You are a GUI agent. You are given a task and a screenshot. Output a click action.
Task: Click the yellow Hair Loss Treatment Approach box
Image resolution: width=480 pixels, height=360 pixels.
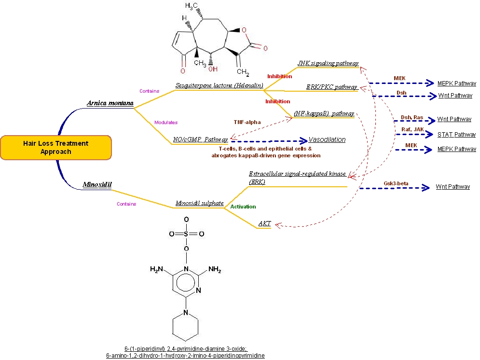click(56, 148)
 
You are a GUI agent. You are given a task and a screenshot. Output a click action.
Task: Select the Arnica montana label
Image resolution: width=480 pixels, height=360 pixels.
click(110, 103)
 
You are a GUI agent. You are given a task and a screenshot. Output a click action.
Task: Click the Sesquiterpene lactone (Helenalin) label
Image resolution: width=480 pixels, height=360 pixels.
click(219, 85)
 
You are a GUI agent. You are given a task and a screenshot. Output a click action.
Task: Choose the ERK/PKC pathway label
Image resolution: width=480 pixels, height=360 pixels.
click(332, 87)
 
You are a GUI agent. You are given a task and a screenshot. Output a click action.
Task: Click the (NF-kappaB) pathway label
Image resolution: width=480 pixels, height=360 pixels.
click(324, 113)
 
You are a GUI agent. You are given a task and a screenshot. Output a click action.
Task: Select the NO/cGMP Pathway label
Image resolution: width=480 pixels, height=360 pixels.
click(200, 139)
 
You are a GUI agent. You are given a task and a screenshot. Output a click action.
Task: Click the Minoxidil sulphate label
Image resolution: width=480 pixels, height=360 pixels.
click(199, 203)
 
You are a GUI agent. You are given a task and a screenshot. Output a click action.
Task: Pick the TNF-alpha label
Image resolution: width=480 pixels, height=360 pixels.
click(247, 122)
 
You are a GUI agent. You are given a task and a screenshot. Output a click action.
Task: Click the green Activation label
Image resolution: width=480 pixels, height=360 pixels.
click(243, 207)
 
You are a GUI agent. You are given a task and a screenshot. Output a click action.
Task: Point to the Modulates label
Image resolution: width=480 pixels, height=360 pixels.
click(165, 123)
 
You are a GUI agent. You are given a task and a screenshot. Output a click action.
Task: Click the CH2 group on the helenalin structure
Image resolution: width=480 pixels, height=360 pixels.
click(243, 73)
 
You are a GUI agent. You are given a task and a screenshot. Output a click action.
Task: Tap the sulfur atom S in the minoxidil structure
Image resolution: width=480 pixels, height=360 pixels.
click(186, 234)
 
